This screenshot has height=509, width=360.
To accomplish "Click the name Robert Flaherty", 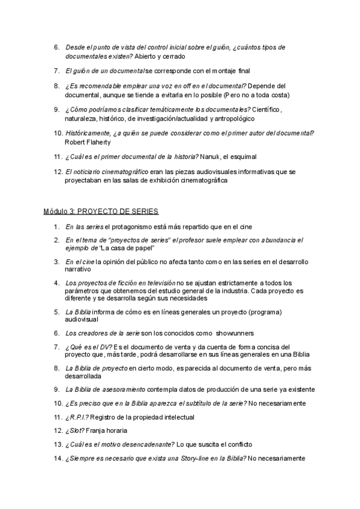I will pos(87,142).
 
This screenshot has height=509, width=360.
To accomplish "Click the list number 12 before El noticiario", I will pos(58,172).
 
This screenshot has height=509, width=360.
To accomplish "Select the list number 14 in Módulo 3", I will pos(58,459).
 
